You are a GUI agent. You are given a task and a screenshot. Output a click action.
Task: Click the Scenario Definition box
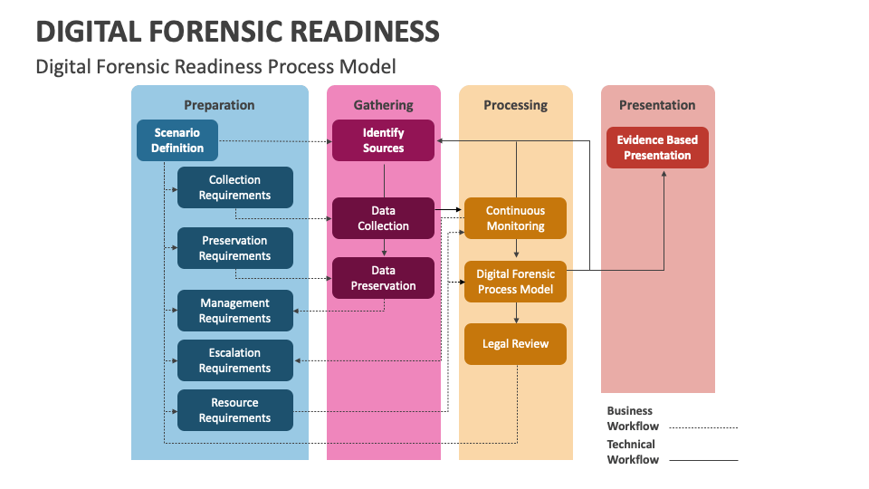click(x=177, y=140)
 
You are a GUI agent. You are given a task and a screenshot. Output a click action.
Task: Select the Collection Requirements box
click(x=235, y=187)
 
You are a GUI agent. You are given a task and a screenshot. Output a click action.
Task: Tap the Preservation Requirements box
click(x=235, y=248)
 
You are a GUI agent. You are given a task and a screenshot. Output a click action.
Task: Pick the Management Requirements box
click(x=235, y=311)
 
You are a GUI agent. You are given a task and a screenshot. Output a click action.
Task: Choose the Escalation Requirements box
click(x=235, y=360)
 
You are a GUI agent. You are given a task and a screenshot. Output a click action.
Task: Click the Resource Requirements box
click(x=235, y=410)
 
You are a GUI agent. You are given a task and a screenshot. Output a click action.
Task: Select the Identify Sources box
click(x=383, y=140)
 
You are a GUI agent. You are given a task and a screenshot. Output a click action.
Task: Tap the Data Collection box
click(x=383, y=218)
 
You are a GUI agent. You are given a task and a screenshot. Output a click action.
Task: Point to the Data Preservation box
click(x=383, y=278)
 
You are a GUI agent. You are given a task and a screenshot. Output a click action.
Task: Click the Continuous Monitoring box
click(x=516, y=218)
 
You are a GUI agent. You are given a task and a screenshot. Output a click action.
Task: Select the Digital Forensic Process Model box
click(x=516, y=282)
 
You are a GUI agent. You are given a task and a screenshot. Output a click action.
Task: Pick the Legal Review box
click(x=516, y=344)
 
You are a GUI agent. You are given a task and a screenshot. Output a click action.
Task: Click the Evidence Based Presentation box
click(x=657, y=148)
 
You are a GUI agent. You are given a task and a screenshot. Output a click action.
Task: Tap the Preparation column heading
click(x=219, y=105)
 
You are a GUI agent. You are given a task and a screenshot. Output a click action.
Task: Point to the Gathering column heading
click(x=383, y=105)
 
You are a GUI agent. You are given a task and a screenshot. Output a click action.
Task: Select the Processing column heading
click(x=516, y=105)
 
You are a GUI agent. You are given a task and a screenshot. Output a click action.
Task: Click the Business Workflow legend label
click(x=633, y=418)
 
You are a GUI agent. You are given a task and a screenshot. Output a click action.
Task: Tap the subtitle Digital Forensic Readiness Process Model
click(x=215, y=67)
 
